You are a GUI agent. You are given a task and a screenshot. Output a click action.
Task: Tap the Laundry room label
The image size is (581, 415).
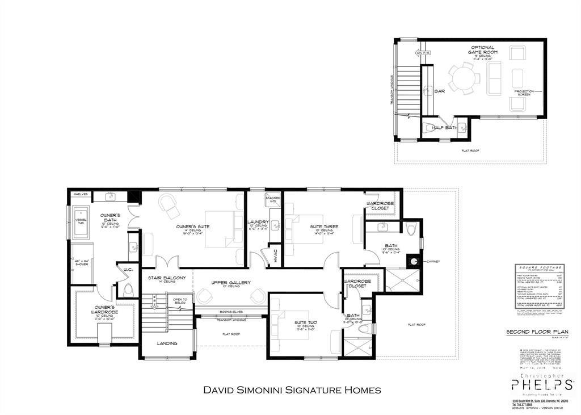point(258,222)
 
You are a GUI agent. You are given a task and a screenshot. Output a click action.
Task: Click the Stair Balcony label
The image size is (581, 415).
point(167,278)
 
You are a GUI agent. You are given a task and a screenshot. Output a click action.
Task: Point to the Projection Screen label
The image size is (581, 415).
point(522,92)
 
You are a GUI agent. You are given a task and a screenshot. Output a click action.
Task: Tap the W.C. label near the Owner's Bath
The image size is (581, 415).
point(128,270)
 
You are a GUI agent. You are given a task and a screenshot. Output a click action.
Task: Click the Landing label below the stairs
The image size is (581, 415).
point(167,343)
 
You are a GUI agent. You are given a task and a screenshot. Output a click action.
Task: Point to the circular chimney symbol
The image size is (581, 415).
point(415,262)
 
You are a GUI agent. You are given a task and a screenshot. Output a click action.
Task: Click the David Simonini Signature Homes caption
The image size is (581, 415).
point(292,390)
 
